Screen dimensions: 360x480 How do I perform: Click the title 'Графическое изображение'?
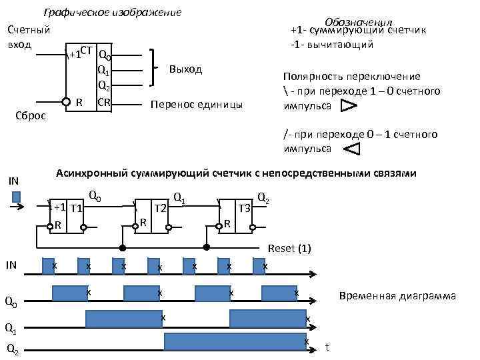(x=112, y=13)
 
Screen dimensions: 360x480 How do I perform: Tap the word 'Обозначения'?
(x=359, y=23)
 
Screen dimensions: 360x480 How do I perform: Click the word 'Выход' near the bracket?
(x=186, y=69)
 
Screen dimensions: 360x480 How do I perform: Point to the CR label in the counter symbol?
(x=104, y=102)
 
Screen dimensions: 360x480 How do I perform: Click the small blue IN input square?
(x=17, y=197)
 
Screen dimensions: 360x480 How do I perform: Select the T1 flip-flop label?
(x=76, y=208)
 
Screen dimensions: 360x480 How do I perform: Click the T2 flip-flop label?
(x=160, y=208)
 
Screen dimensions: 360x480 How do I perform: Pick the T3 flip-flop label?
(x=245, y=208)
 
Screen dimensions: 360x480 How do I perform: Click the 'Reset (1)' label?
(x=289, y=249)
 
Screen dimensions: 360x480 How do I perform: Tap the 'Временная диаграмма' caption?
(x=397, y=295)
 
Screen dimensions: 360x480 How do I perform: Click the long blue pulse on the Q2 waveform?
(x=235, y=341)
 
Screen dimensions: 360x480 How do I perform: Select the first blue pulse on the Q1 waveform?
(x=124, y=319)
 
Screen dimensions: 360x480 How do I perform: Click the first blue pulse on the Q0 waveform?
(x=69, y=293)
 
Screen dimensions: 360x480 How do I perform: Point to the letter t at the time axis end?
(x=327, y=347)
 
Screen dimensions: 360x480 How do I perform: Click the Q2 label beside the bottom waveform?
(x=13, y=349)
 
